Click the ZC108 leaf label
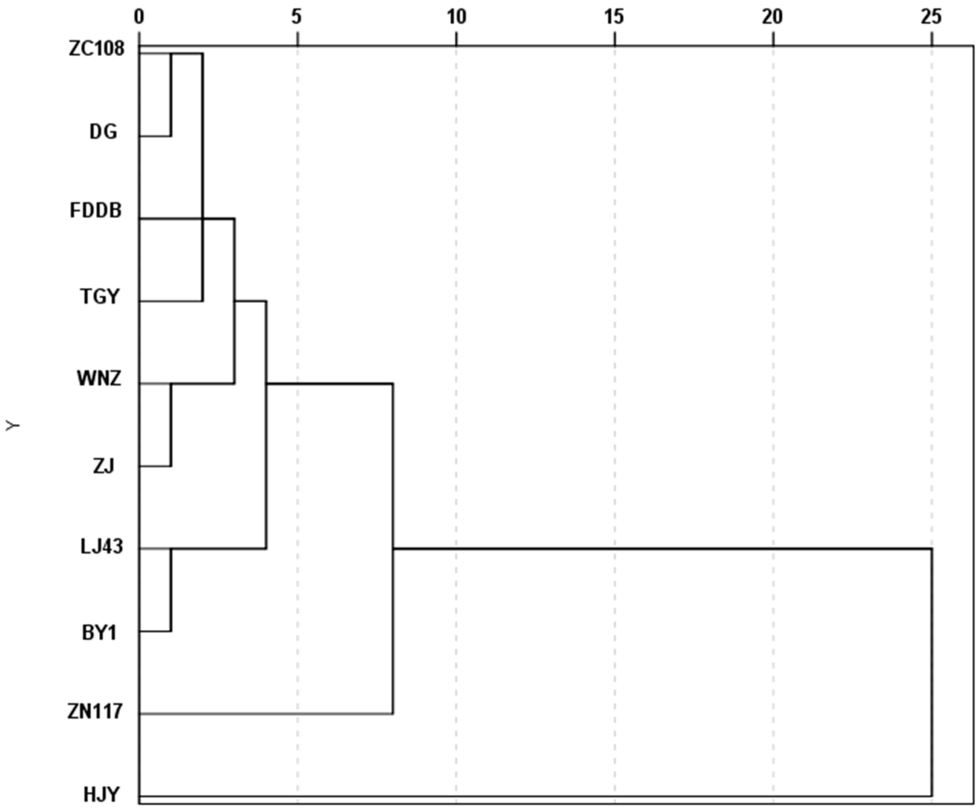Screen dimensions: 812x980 click(97, 49)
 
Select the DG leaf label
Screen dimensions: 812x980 click(103, 132)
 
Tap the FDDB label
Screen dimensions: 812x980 click(96, 211)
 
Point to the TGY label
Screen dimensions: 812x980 click(100, 297)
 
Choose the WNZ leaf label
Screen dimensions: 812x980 click(99, 378)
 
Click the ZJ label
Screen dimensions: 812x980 click(104, 466)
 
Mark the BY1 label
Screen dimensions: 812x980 click(99, 633)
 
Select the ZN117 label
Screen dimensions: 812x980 click(95, 712)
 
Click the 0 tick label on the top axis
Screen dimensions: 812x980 click(139, 17)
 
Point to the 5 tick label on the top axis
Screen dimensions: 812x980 click(297, 17)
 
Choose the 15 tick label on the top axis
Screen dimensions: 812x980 click(614, 17)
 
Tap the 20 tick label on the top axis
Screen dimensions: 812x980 click(772, 17)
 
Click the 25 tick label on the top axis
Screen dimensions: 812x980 click(931, 17)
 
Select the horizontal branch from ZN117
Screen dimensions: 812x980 click(266, 714)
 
